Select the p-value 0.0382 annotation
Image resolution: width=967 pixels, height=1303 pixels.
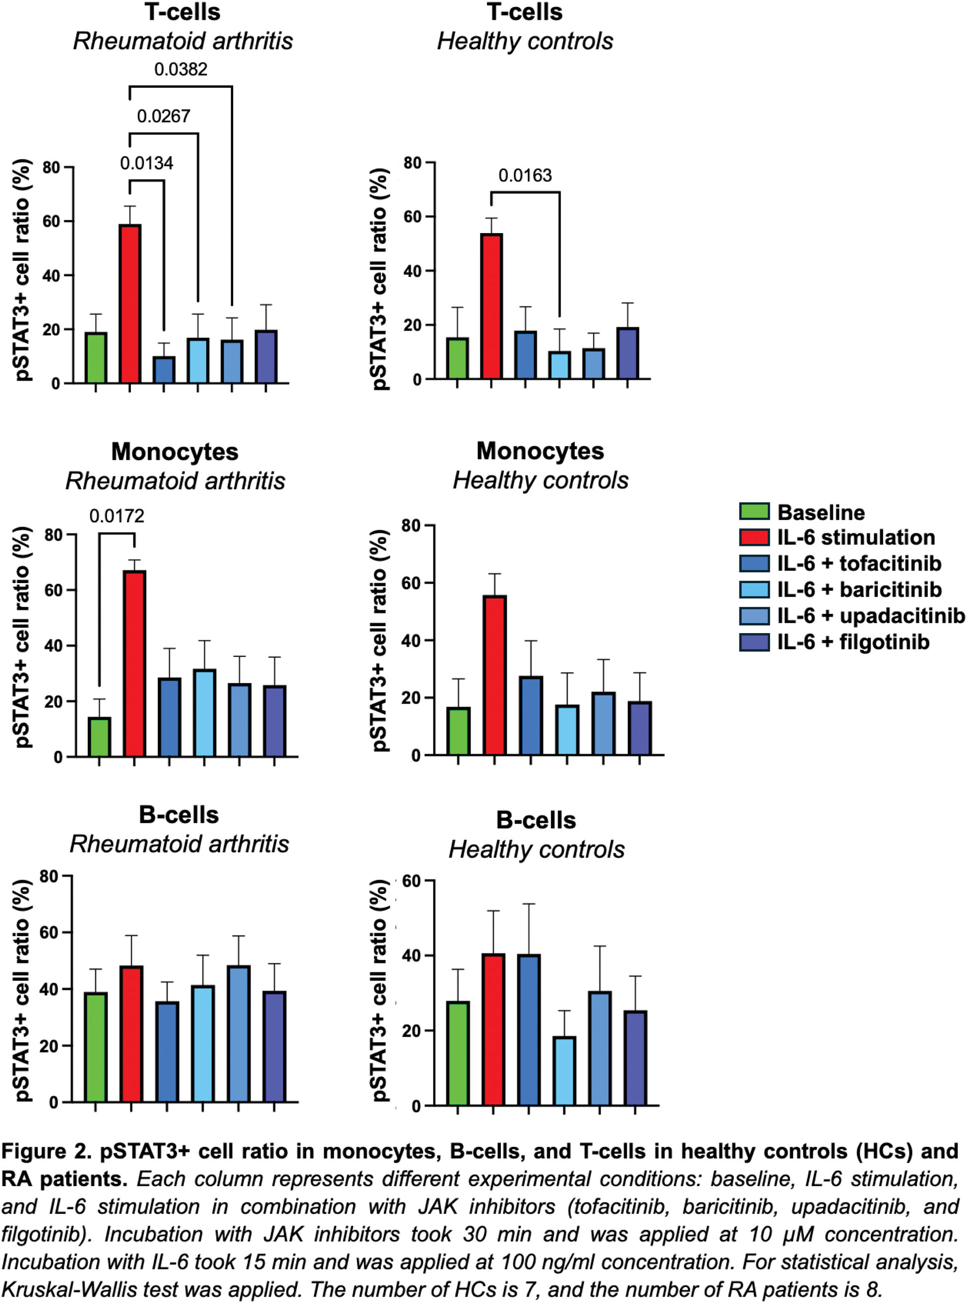tap(181, 69)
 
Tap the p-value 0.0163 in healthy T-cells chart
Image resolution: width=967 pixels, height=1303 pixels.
tap(525, 176)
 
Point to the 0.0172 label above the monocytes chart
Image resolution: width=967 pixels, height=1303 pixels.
tap(117, 516)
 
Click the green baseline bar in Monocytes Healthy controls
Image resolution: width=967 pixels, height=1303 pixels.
tap(458, 731)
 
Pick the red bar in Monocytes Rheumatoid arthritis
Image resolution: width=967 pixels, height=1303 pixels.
tap(134, 663)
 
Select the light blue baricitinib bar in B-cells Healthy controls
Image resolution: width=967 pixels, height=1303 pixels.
tap(564, 1071)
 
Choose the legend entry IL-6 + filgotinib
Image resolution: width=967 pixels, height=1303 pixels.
tap(853, 643)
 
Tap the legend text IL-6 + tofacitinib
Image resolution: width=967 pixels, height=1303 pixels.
tap(859, 563)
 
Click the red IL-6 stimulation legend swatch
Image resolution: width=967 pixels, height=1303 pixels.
tap(754, 537)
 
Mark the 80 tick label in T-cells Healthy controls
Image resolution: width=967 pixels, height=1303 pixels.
tap(413, 163)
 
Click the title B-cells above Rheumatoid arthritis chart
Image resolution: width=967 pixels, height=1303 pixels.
tap(179, 815)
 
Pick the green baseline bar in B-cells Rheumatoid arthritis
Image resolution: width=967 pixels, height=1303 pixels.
tap(95, 1047)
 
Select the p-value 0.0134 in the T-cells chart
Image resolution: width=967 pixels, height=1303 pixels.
tap(146, 163)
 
